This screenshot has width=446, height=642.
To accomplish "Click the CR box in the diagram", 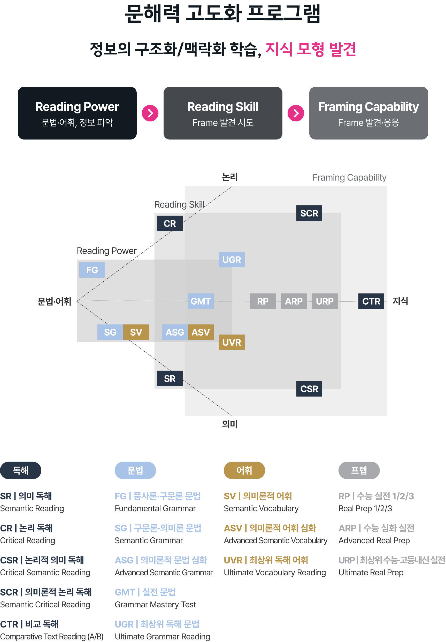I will (x=170, y=223).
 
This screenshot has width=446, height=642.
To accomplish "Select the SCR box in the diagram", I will (x=309, y=213).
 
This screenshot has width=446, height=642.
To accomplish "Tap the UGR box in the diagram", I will (x=232, y=260).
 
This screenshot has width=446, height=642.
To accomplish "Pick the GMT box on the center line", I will (x=201, y=301).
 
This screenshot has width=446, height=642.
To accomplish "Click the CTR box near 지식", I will (x=371, y=301).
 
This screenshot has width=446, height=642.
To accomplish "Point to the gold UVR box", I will (x=232, y=342).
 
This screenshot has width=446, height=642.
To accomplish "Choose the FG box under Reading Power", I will (x=92, y=270).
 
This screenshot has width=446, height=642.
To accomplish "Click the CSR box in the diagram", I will (x=309, y=389).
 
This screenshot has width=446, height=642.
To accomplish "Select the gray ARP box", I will (x=294, y=301).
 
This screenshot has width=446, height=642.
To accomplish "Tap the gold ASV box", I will (x=201, y=332).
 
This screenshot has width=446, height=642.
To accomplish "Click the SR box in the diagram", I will (x=170, y=378).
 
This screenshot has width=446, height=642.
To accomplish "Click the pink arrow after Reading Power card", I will (x=150, y=113).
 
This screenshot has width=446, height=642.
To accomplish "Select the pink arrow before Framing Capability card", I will (x=296, y=113).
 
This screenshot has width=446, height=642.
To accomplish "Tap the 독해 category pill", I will (x=21, y=470).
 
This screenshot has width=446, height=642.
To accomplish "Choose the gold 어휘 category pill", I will (x=244, y=470).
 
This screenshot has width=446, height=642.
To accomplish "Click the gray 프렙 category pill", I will (x=359, y=470).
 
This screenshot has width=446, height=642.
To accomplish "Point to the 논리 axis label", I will (x=230, y=177).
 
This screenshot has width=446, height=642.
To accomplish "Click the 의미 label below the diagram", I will (x=230, y=424).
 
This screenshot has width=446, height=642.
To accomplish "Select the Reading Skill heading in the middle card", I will (x=223, y=107).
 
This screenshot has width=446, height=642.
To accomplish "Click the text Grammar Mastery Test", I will (x=155, y=605).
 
